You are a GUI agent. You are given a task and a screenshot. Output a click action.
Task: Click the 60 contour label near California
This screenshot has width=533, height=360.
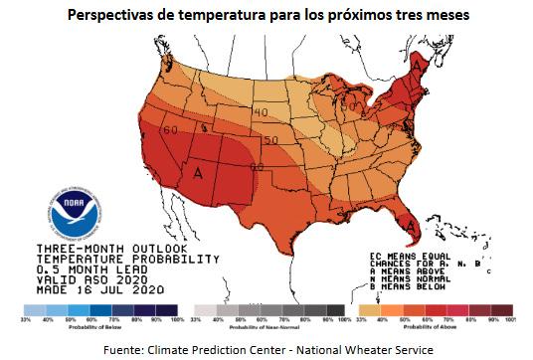171,130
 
